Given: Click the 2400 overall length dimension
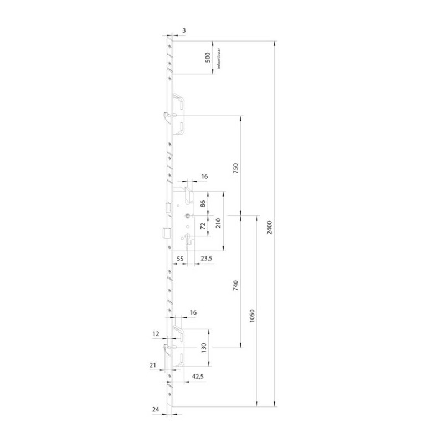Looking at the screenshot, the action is pyautogui.click(x=270, y=228).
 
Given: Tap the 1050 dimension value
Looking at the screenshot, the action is pyautogui.click(x=253, y=316).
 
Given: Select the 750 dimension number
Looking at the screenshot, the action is pyautogui.click(x=236, y=168).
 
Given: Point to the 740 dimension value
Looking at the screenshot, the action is pyautogui.click(x=236, y=286).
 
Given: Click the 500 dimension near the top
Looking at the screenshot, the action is pyautogui.click(x=208, y=58).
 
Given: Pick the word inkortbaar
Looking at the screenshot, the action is pyautogui.click(x=219, y=59).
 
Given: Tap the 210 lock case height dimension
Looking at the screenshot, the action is pyautogui.click(x=218, y=223).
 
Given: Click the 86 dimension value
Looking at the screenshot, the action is pyautogui.click(x=203, y=204).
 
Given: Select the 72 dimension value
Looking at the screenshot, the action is pyautogui.click(x=203, y=226).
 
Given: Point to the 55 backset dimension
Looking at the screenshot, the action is pyautogui.click(x=180, y=259).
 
